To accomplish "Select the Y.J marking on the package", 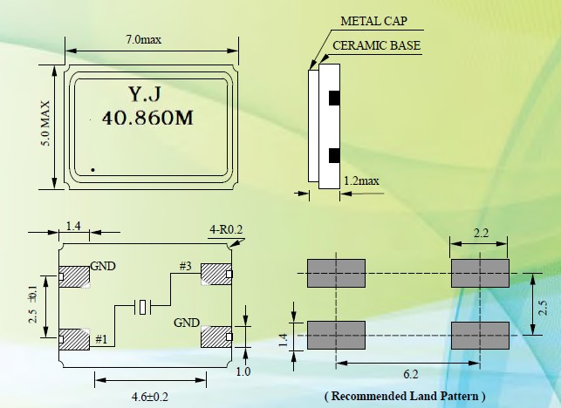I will point(146,93).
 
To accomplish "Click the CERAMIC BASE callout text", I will point(377,45).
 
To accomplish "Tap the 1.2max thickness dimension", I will point(361,181).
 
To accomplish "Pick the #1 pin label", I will point(102,338).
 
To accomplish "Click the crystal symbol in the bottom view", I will point(144,306).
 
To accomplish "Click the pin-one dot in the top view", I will point(93,168).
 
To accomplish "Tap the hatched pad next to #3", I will point(215,275).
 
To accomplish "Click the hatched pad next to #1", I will point(77,337).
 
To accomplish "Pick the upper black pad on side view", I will point(332,98).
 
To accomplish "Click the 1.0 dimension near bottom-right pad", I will point(243,371).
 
